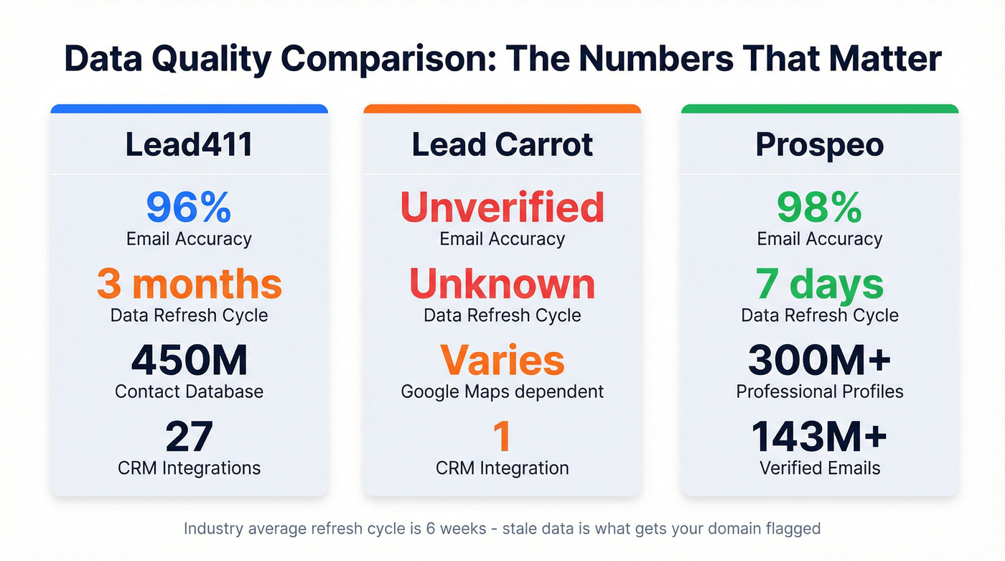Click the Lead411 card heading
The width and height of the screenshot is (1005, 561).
pos(189,144)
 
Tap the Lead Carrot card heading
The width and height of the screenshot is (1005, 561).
pos(502,144)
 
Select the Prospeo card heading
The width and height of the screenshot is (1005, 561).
pos(819,144)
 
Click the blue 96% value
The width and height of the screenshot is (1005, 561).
pos(189,208)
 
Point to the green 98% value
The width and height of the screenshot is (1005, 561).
pos(819,208)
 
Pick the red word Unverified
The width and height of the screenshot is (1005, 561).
pos(502,208)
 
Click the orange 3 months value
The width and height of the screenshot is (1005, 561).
pos(189,284)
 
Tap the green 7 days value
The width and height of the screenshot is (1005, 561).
pos(819,284)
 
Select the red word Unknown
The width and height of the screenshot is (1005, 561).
pos(502,284)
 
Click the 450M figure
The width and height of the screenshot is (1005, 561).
pos(189,361)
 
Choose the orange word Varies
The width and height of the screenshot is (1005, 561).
pos(502,361)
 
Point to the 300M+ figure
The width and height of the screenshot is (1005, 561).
pos(819,361)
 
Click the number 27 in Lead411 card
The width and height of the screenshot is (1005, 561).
pos(189,437)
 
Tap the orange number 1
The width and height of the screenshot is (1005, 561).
pos(502,437)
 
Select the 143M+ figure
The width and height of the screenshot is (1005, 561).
pos(819,437)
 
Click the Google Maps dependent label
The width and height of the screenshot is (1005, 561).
pos(502,391)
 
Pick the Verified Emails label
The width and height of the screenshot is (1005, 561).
pos(819,468)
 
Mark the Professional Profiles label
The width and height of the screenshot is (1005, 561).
pos(819,391)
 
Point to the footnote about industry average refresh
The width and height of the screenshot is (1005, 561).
pos(502,529)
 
